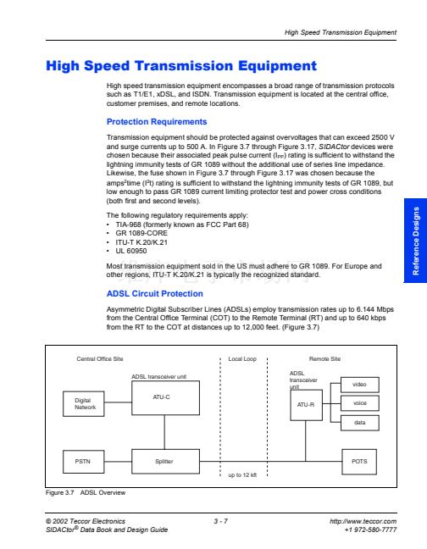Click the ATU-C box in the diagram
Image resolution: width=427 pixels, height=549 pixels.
tap(165, 397)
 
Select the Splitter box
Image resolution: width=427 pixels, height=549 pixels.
tap(165, 462)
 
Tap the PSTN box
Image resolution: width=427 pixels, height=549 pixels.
tap(84, 462)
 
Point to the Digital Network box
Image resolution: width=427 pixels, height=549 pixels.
tap(84, 403)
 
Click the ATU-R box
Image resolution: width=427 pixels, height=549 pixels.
tap(306, 405)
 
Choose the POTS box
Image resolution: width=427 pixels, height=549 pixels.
tap(359, 462)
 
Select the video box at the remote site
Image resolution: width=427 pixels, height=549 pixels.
tap(360, 385)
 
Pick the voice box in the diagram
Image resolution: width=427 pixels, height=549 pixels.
tap(360, 403)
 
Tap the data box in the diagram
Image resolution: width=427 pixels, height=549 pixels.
tap(360, 423)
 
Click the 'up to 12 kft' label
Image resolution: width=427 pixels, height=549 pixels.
tap(242, 475)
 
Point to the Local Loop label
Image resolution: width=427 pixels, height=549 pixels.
tap(242, 359)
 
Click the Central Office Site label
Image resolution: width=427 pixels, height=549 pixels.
tap(100, 359)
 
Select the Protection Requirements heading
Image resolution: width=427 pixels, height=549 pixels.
tap(157, 122)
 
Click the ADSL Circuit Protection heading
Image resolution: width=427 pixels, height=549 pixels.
tap(155, 294)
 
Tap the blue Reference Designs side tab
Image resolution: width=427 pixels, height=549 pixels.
tap(415, 241)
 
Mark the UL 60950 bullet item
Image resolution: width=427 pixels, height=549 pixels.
tap(131, 251)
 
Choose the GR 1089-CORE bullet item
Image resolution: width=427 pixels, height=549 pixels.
tap(141, 233)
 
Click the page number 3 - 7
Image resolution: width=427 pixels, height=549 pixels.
tap(221, 521)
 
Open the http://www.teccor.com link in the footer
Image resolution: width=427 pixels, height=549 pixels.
tap(363, 521)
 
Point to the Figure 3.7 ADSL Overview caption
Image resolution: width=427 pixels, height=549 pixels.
tap(86, 492)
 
